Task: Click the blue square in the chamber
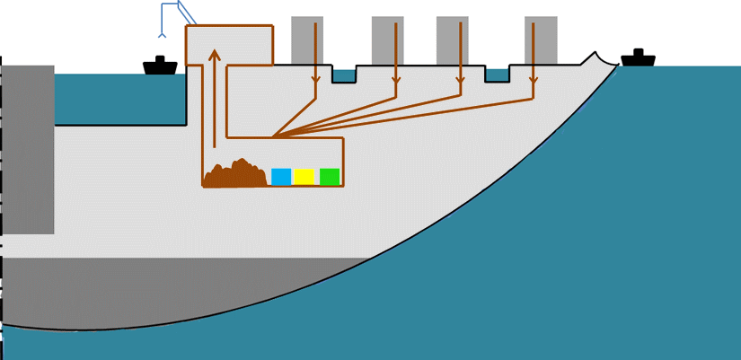point(281,176)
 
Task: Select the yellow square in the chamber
point(304,176)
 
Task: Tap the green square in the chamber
point(330,176)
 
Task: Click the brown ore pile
point(234,174)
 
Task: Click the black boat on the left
point(160,66)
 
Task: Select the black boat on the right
point(638,58)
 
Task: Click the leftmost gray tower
point(307,40)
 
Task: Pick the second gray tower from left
point(388,40)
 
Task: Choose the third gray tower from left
point(453,40)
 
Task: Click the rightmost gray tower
point(541,40)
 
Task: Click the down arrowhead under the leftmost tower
point(315,88)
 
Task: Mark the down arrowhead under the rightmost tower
point(533,88)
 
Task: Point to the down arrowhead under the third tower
point(460,88)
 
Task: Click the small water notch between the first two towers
point(343,75)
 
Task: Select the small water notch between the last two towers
point(497,75)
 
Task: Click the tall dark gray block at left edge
point(28,148)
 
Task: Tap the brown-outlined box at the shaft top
point(229,45)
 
